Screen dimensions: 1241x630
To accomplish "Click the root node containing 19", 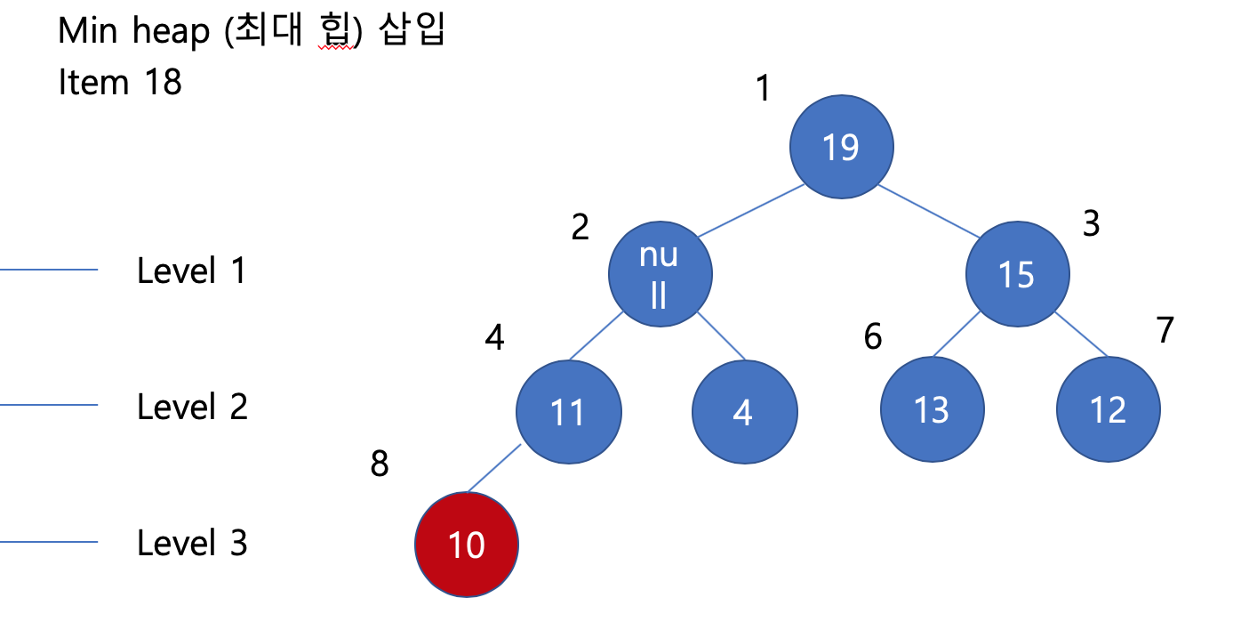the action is (x=840, y=147).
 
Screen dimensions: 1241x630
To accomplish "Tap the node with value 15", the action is (x=1017, y=275).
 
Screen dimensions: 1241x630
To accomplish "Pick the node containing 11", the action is (x=568, y=411).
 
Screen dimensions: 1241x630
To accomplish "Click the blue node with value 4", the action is (x=744, y=411).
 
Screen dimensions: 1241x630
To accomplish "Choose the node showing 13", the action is (x=932, y=409).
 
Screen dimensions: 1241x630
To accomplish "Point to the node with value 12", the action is (x=1108, y=409).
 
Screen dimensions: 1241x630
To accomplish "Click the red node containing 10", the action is (x=467, y=544).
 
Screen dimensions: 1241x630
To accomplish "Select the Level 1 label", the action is (x=191, y=271).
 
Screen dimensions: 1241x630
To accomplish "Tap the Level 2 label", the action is (x=192, y=407).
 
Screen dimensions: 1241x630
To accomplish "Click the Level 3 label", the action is (x=192, y=543).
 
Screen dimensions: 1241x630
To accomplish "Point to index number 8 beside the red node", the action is (x=380, y=464).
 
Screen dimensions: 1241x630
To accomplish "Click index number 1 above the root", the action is (x=762, y=89).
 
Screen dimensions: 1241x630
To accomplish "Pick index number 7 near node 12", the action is (x=1165, y=330).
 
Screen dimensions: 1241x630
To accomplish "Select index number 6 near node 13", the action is (x=873, y=336).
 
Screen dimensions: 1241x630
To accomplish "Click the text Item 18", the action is (x=120, y=83).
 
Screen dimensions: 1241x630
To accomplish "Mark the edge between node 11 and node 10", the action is (x=494, y=467).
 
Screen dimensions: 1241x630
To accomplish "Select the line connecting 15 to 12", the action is (x=1081, y=335).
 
